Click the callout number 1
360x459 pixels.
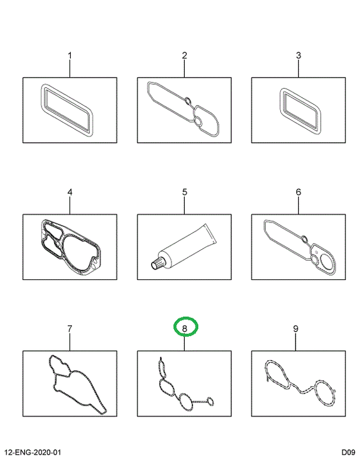[x=69, y=55]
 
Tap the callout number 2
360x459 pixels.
[x=184, y=55]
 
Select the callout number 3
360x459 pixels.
[x=298, y=55]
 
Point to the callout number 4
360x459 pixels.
[x=69, y=192]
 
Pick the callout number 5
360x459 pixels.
[x=184, y=192]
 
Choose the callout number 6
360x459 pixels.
[x=298, y=192]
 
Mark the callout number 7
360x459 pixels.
[x=69, y=329]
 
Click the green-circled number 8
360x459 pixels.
[x=184, y=329]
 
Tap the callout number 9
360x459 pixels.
[x=296, y=329]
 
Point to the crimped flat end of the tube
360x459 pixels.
[x=210, y=233]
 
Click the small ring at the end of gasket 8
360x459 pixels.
[x=210, y=402]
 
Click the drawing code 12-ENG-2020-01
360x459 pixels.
[x=32, y=452]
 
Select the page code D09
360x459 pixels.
[x=348, y=452]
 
